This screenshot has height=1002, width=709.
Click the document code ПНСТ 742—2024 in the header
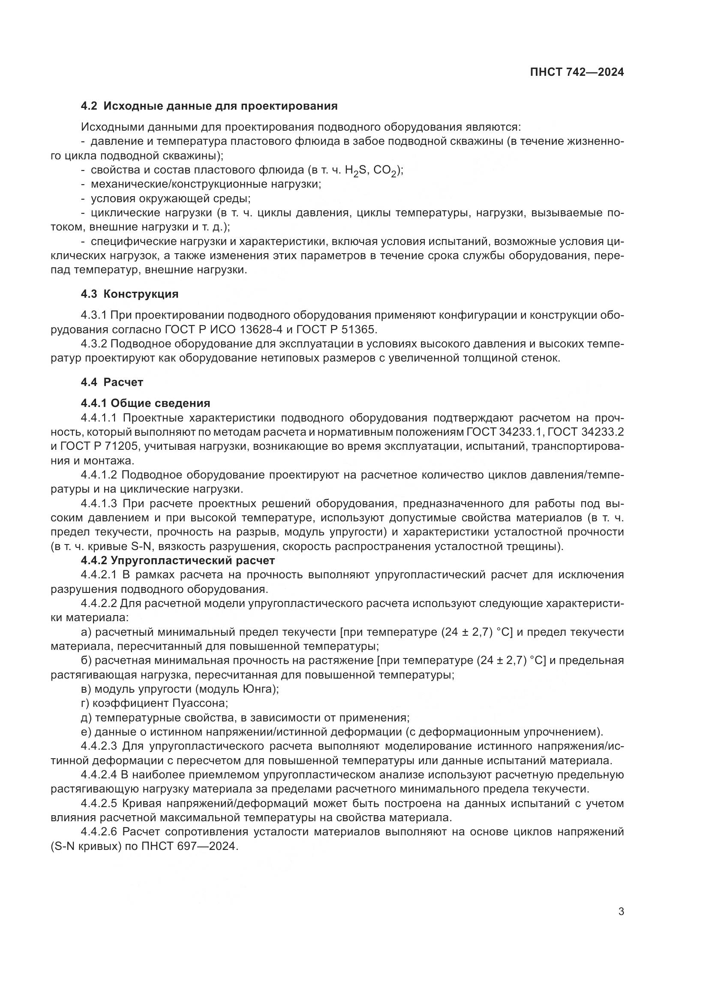pyautogui.click(x=577, y=72)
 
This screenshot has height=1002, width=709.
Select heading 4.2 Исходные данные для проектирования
pyautogui.click(x=209, y=106)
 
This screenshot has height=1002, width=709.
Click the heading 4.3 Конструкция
pyautogui.click(x=129, y=294)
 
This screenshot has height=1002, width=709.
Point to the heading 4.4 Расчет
pyautogui.click(x=112, y=382)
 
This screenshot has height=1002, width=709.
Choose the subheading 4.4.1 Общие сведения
pyautogui.click(x=145, y=403)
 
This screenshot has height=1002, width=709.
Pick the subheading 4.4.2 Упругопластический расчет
pyautogui.click(x=178, y=560)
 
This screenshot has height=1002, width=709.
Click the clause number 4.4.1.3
pyautogui.click(x=99, y=504)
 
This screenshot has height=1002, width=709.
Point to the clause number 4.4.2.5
pyautogui.click(x=99, y=803)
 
